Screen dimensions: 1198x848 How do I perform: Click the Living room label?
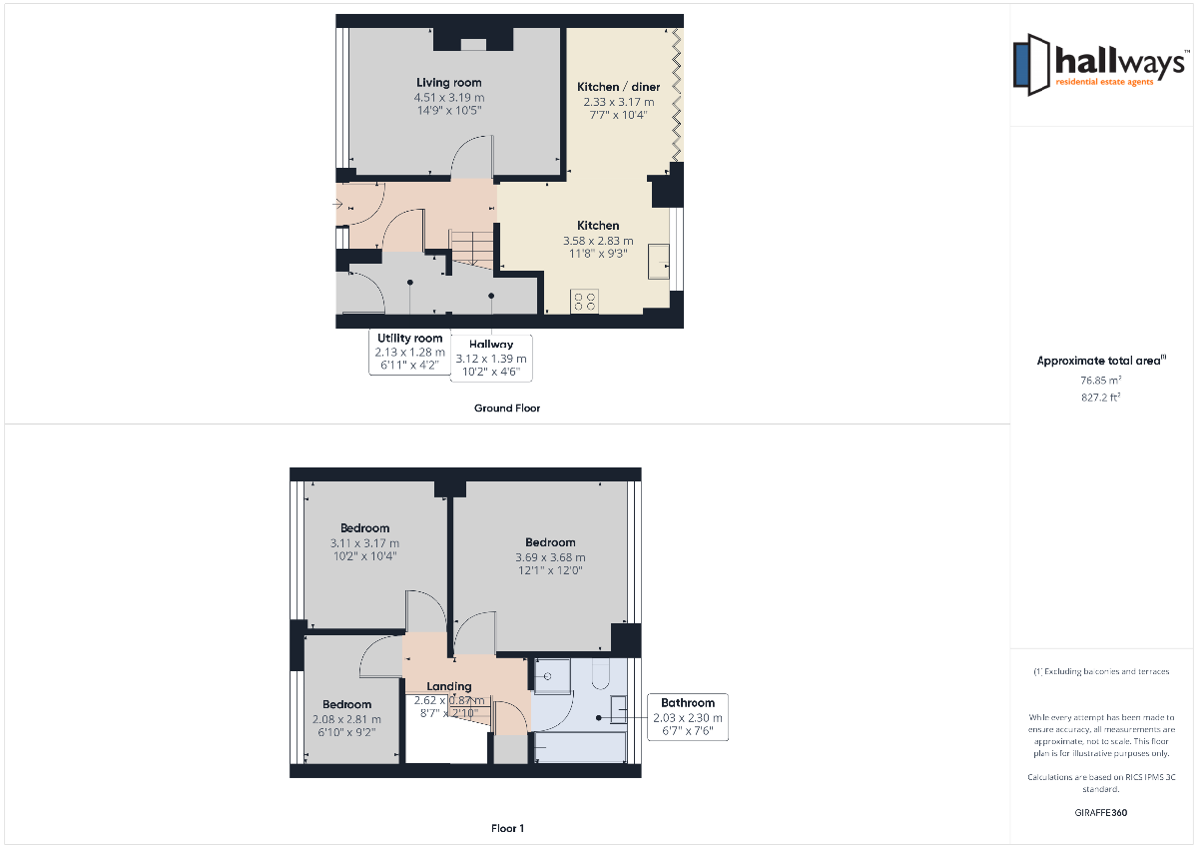448,82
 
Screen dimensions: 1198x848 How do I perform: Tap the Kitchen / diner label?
618,87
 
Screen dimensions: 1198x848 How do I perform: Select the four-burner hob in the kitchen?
584,302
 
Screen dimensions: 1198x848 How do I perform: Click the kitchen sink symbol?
658,262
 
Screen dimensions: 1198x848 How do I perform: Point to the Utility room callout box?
409,352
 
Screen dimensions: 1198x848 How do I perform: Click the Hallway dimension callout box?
491,358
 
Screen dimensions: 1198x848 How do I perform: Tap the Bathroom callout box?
687,717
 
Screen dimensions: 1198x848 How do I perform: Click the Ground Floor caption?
507,409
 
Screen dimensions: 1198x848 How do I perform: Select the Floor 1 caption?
507,828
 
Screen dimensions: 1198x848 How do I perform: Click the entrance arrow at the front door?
337,204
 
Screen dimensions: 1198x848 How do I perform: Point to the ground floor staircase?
471,249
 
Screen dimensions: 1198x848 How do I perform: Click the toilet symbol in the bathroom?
601,673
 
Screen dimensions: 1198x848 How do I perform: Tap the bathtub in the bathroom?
580,747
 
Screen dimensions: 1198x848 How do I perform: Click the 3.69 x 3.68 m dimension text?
550,557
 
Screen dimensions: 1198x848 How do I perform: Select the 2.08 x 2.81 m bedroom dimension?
346,719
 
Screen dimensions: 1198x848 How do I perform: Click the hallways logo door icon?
1031,65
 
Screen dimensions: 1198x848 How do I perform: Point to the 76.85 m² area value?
1100,381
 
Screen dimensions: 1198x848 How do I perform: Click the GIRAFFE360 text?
1100,813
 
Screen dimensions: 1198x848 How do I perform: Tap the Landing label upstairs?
448,686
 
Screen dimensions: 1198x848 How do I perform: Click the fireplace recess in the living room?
473,45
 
